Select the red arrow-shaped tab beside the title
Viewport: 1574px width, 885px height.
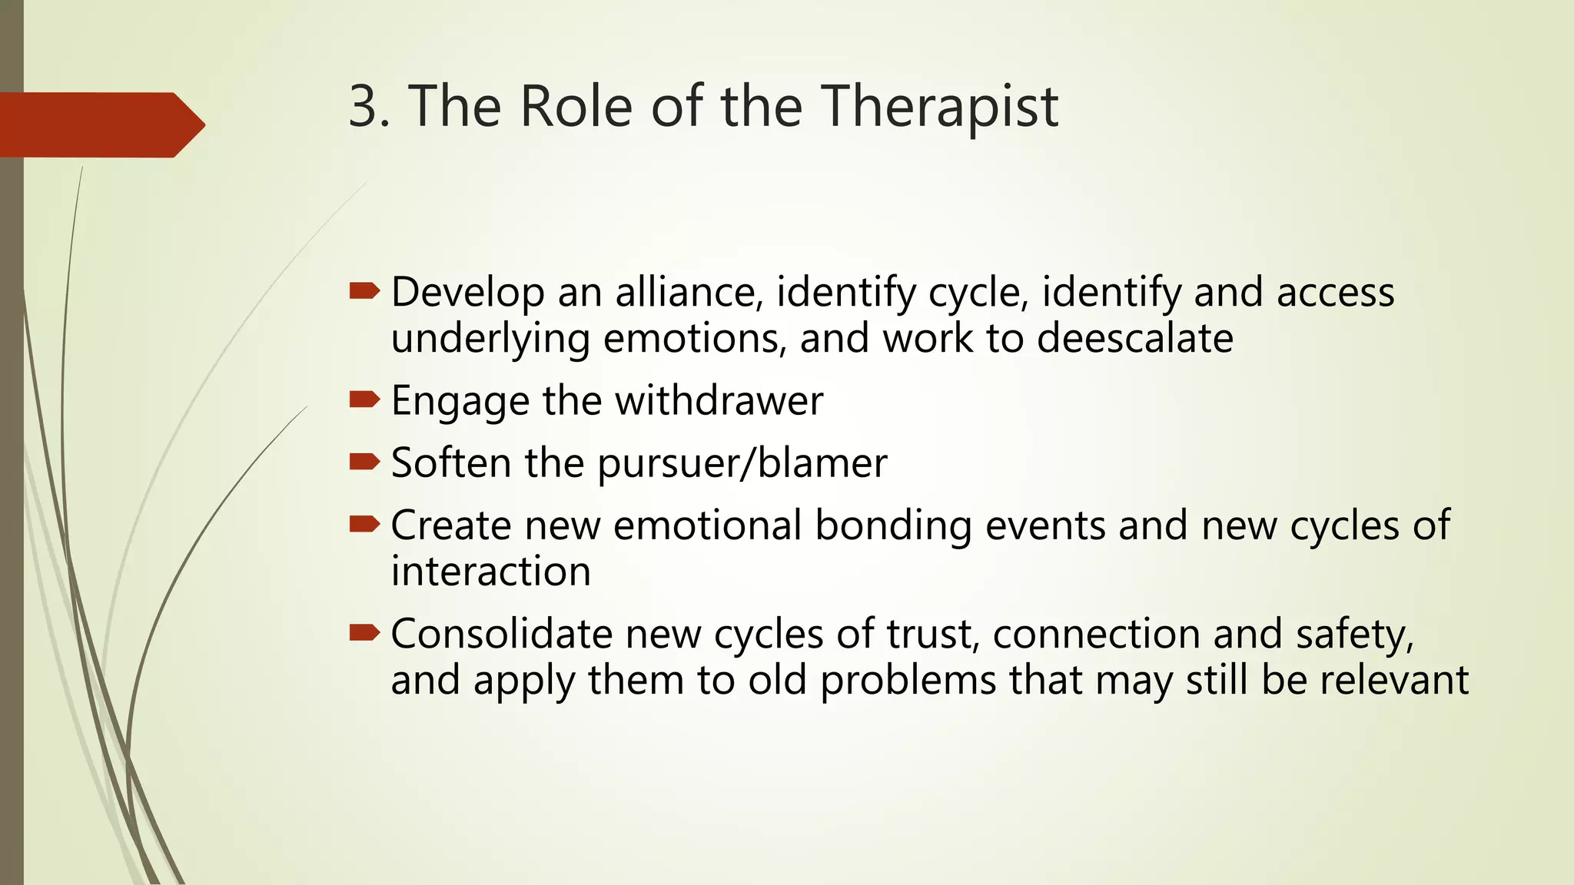(x=100, y=125)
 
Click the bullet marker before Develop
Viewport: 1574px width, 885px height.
(x=364, y=291)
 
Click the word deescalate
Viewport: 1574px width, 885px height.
(x=1134, y=339)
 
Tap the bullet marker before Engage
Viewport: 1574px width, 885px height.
(x=364, y=399)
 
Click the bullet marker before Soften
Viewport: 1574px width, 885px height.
(x=364, y=461)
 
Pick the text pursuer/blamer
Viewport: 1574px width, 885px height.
(x=742, y=464)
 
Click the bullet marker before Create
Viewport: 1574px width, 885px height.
(x=364, y=524)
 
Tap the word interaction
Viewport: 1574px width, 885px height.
(x=490, y=572)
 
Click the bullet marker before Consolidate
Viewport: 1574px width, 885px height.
(x=364, y=632)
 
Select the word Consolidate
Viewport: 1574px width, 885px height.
(x=501, y=635)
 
